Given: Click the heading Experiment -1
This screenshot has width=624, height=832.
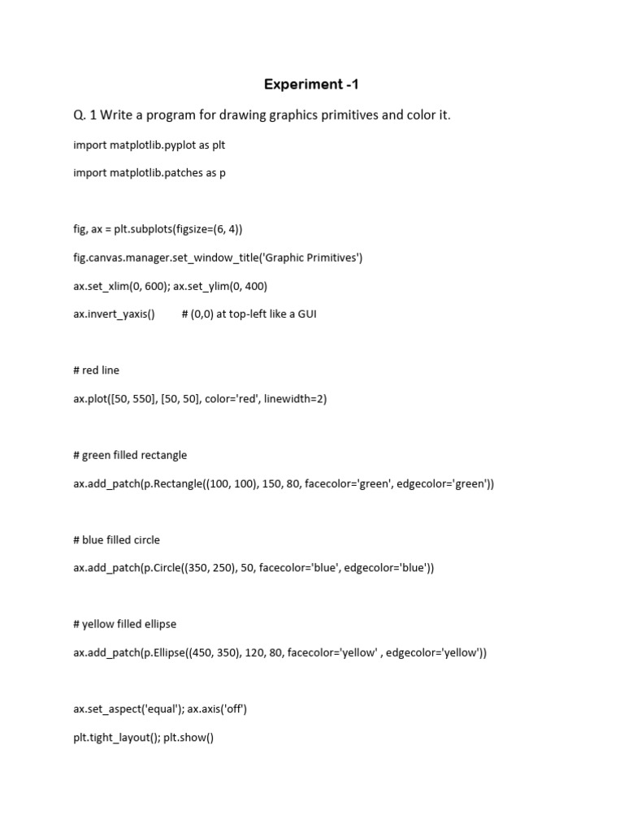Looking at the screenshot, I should [311, 84].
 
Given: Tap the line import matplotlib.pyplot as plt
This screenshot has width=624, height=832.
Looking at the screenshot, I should [149, 145].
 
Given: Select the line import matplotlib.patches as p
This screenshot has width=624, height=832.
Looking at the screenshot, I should [149, 173].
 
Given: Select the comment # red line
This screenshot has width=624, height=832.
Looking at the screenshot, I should [96, 370].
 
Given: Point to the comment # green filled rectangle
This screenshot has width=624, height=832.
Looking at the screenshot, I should [130, 455].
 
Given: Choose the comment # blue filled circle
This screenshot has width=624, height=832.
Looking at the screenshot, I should [116, 539].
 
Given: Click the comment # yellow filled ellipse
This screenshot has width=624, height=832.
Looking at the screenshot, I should [124, 624].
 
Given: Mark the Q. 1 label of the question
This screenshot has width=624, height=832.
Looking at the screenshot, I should [84, 115].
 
